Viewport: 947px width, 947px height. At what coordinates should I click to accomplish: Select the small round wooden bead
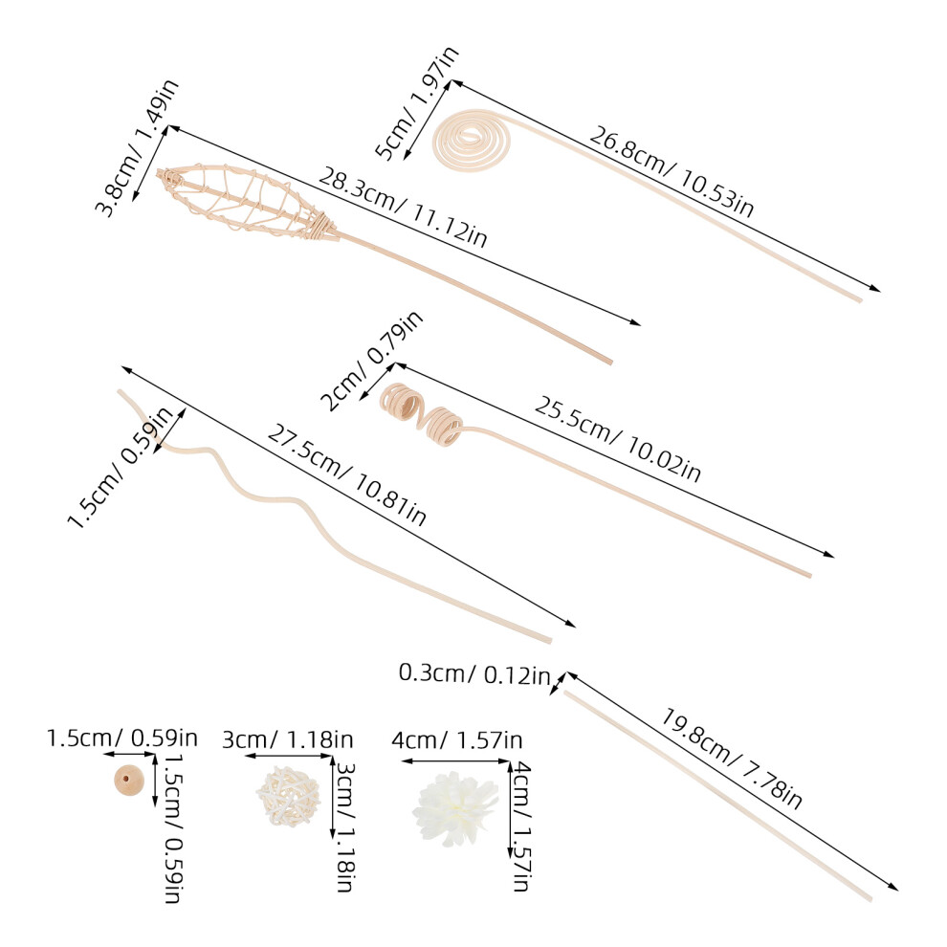pyautogui.click(x=129, y=781)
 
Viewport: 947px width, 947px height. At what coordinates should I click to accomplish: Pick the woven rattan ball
pyautogui.click(x=288, y=796)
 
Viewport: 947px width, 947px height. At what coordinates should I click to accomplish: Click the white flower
pyautogui.click(x=455, y=808)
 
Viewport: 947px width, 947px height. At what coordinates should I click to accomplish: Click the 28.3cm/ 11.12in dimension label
pyautogui.click(x=403, y=208)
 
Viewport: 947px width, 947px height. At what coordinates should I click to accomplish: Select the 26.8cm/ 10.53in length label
pyautogui.click(x=672, y=171)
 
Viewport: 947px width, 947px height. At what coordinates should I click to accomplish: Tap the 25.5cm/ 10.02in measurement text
pyautogui.click(x=617, y=439)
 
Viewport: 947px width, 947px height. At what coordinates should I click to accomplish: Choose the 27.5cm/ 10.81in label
pyautogui.click(x=346, y=474)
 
